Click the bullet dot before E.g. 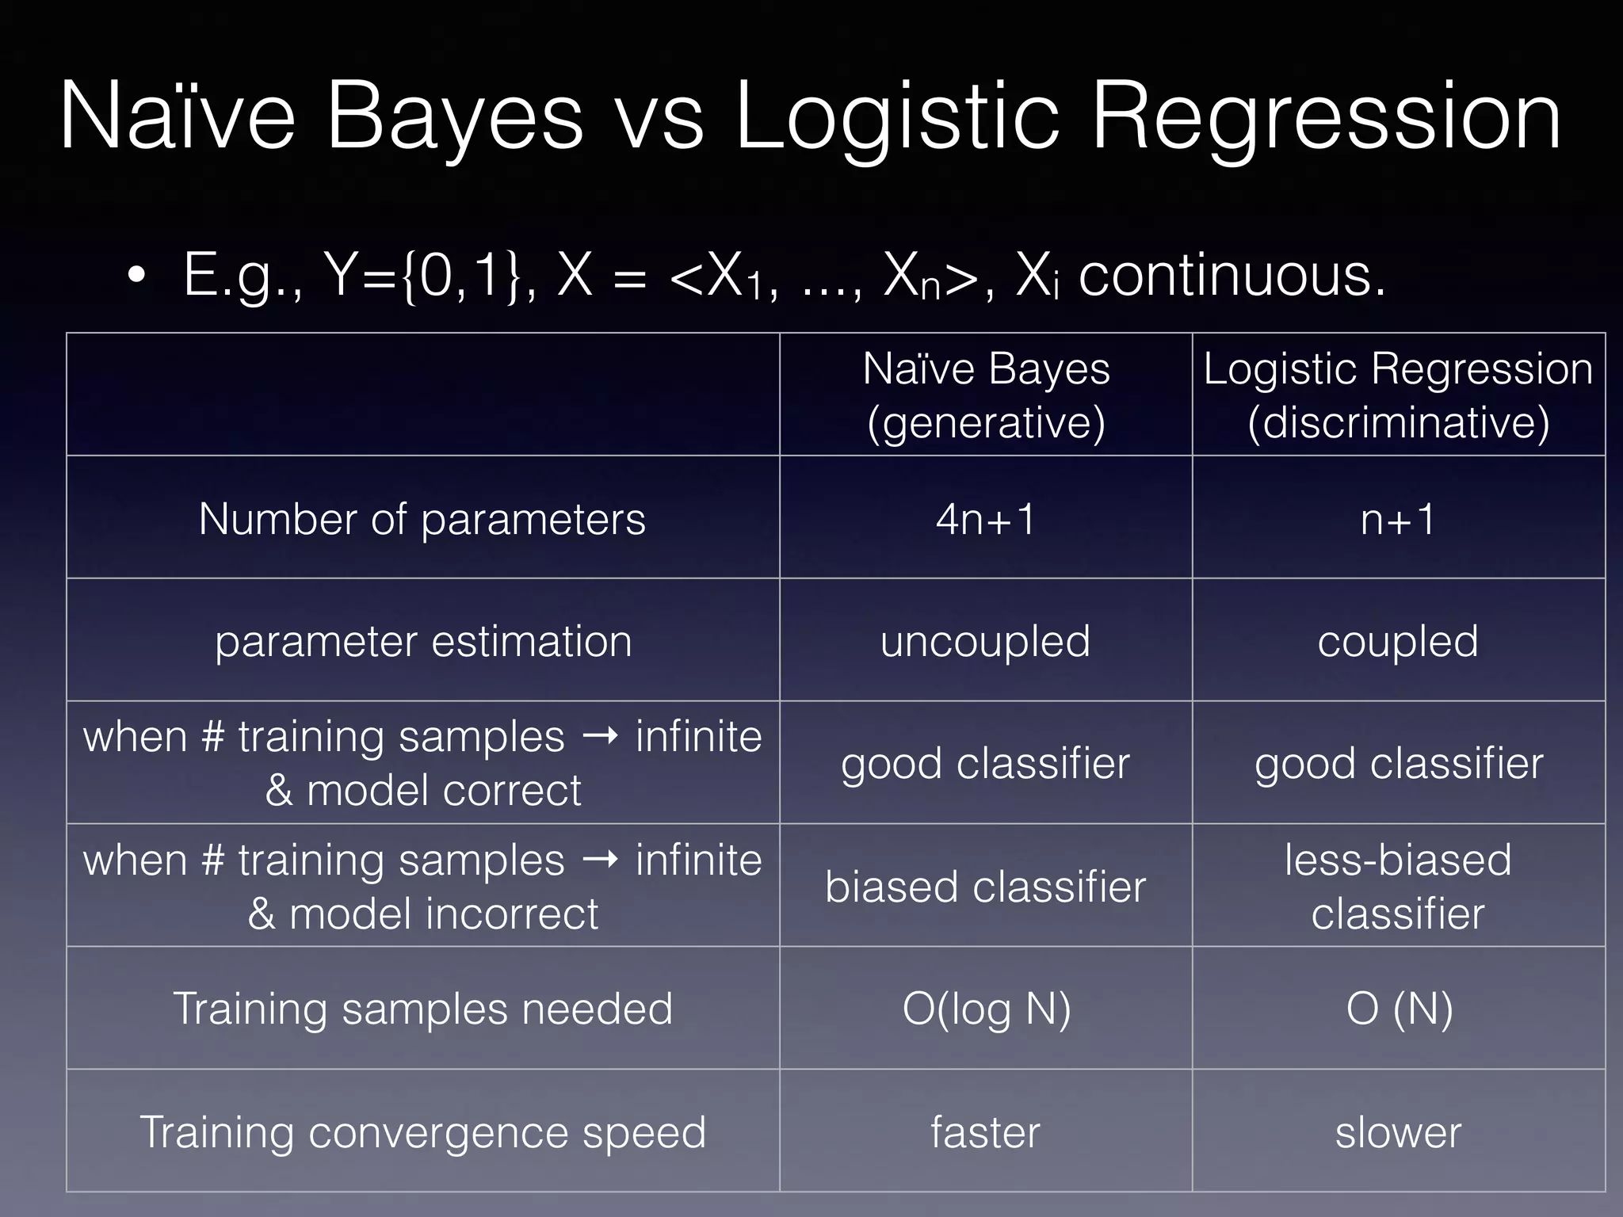(x=136, y=276)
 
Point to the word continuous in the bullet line (x=1232, y=276)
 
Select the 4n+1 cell (x=985, y=520)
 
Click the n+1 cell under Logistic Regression (x=1398, y=520)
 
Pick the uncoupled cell (x=985, y=641)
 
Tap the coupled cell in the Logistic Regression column (x=1398, y=641)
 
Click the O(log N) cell (x=986, y=1009)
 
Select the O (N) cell (x=1399, y=1009)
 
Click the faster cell (x=985, y=1132)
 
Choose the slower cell (x=1398, y=1132)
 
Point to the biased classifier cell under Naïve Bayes (x=985, y=887)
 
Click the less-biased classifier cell (x=1398, y=887)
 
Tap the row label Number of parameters (x=422, y=520)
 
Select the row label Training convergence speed (x=422, y=1132)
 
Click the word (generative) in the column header (x=986, y=422)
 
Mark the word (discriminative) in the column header (x=1398, y=422)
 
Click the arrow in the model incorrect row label (x=600, y=860)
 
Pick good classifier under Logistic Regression (x=1398, y=764)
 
